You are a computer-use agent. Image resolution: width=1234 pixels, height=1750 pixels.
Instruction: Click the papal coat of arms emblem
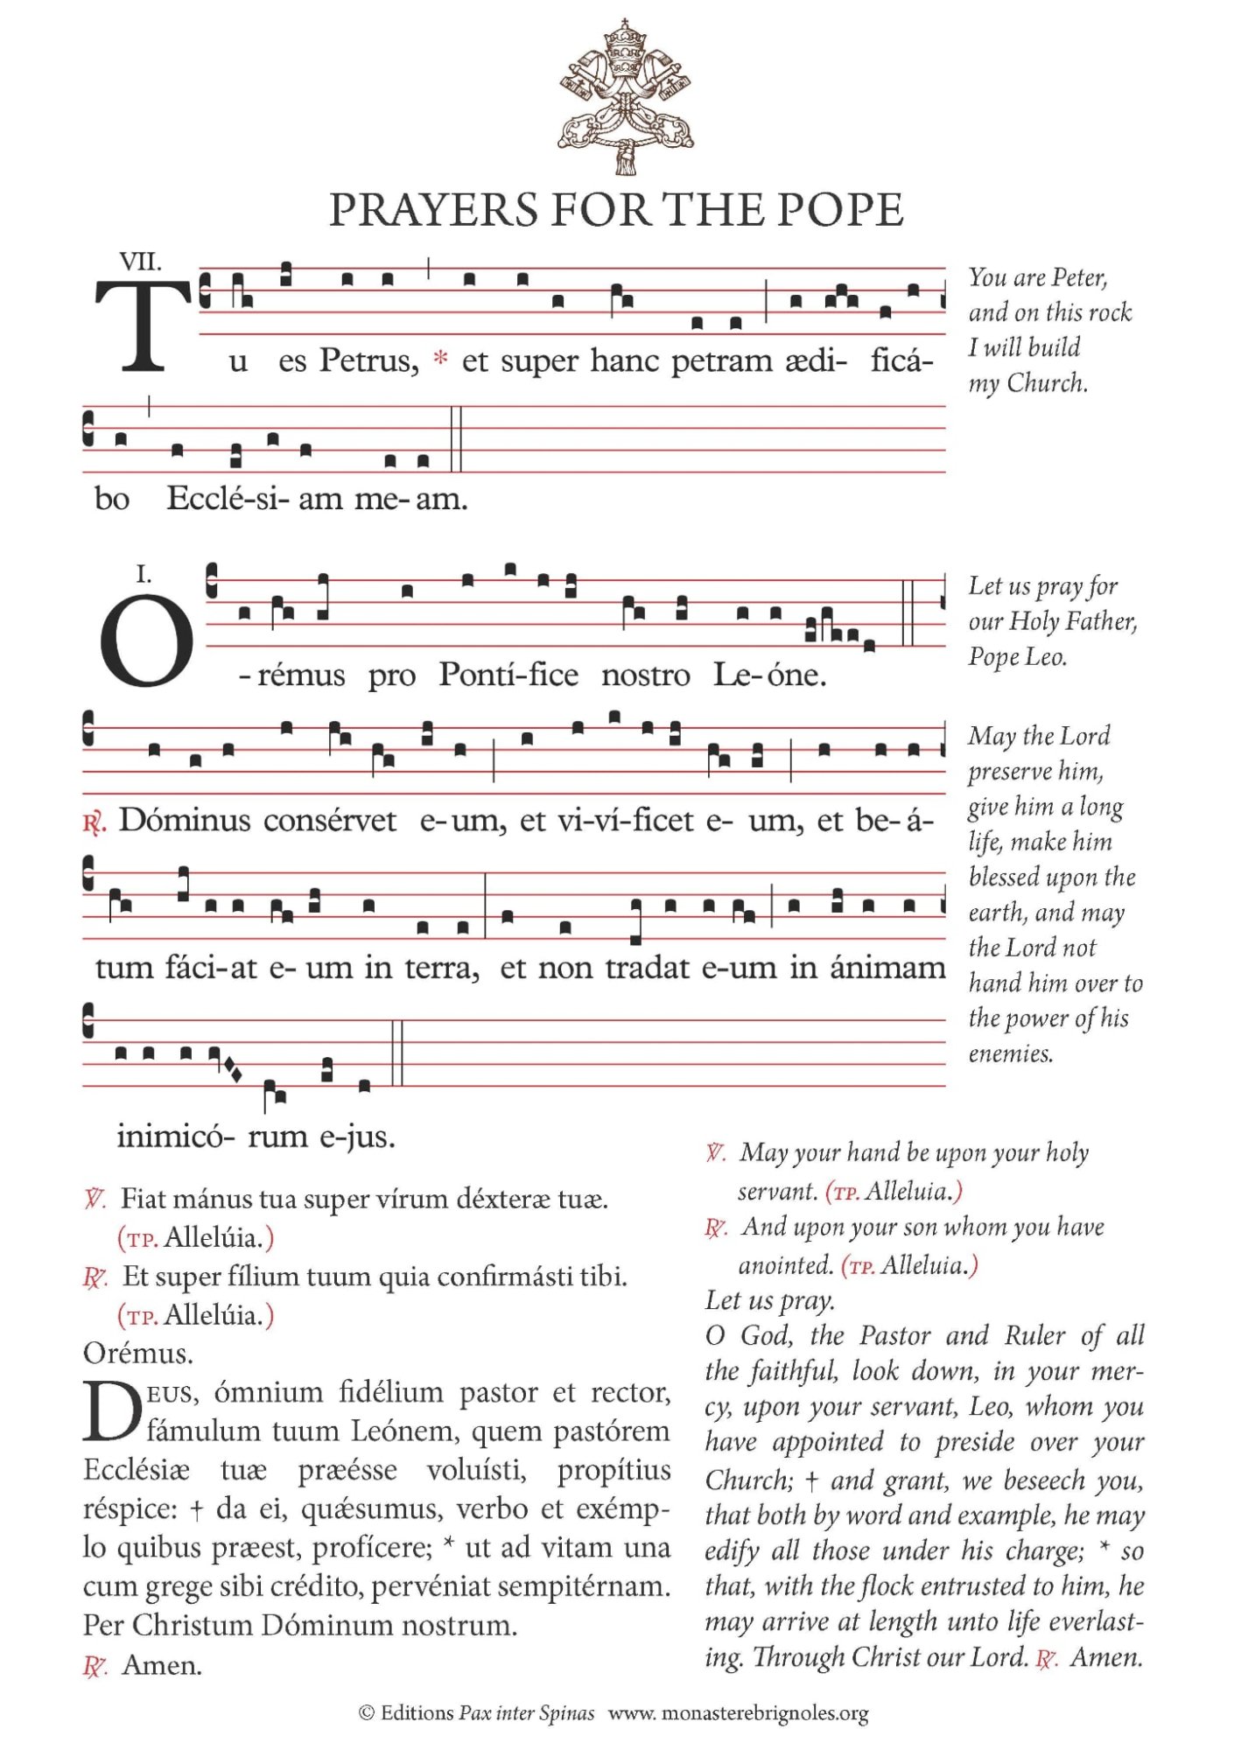pyautogui.click(x=625, y=96)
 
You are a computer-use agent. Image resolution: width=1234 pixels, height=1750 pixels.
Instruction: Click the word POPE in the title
pyautogui.click(x=839, y=210)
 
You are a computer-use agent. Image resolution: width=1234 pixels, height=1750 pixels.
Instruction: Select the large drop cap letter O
pyautogui.click(x=146, y=640)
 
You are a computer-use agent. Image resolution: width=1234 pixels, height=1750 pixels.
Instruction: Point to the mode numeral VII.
pyautogui.click(x=140, y=262)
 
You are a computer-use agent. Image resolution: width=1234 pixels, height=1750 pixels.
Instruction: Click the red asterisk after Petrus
pyautogui.click(x=441, y=359)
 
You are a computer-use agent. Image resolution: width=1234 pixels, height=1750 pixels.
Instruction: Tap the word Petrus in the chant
pyautogui.click(x=368, y=360)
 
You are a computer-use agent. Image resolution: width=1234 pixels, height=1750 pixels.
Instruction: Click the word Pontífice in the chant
pyautogui.click(x=508, y=675)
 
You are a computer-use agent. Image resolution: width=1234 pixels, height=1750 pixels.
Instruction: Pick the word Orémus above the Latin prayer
pyautogui.click(x=138, y=1354)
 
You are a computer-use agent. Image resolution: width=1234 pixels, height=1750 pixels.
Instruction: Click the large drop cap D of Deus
pyautogui.click(x=111, y=1411)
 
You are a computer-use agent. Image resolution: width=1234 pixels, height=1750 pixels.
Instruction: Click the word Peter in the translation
pyautogui.click(x=1079, y=277)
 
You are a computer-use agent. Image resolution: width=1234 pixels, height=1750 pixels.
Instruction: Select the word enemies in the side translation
pyautogui.click(x=1010, y=1053)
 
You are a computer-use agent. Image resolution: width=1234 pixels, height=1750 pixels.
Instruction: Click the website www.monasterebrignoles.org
pyautogui.click(x=738, y=1712)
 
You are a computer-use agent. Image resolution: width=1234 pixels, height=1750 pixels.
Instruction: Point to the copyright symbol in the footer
pyautogui.click(x=367, y=1712)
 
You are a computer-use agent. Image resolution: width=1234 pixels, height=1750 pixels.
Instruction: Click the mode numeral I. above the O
pyautogui.click(x=144, y=574)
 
